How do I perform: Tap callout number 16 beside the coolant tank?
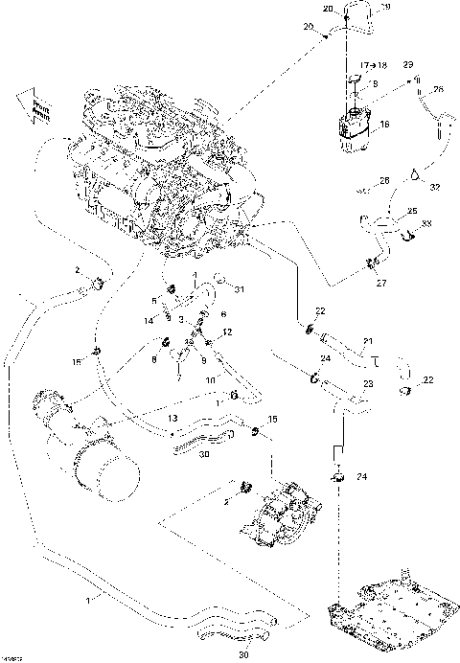385,124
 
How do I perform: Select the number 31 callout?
240,289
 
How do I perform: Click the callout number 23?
368,385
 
